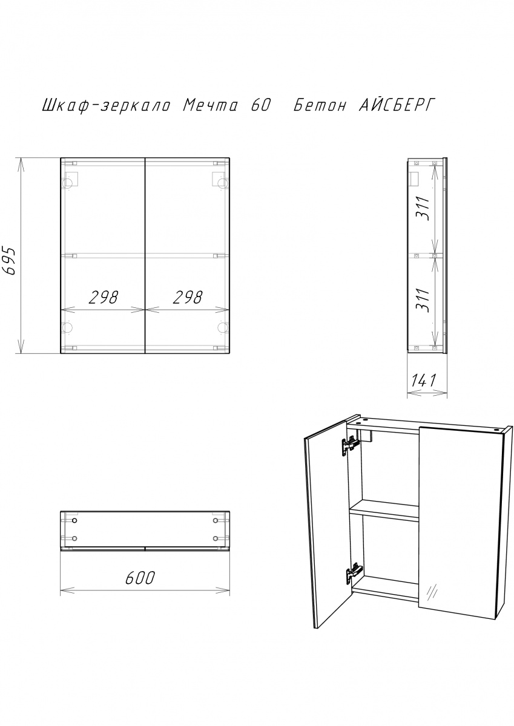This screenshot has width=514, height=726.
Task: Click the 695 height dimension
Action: pyautogui.click(x=10, y=261)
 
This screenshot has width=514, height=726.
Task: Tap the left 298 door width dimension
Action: pyautogui.click(x=104, y=297)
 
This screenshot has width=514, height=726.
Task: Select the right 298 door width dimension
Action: pyautogui.click(x=188, y=297)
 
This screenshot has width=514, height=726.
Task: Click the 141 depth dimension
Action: pyautogui.click(x=423, y=380)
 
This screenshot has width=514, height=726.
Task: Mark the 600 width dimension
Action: pyautogui.click(x=140, y=578)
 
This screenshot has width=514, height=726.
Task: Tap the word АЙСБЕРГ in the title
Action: pyautogui.click(x=397, y=105)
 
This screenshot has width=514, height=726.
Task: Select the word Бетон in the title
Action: pyautogui.click(x=320, y=106)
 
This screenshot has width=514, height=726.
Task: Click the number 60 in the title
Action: pyautogui.click(x=260, y=106)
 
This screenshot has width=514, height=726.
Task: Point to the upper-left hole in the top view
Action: pyautogui.click(x=75, y=520)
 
